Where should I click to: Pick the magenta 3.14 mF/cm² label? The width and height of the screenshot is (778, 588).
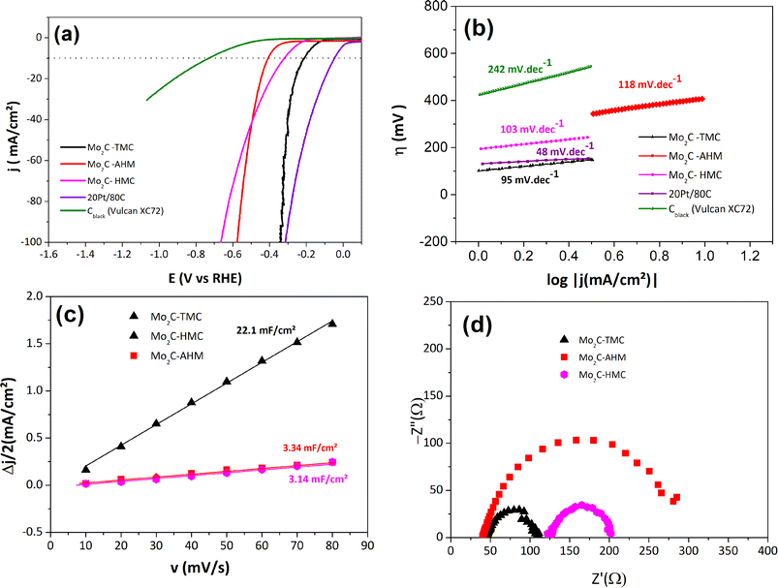[x=312, y=478]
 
